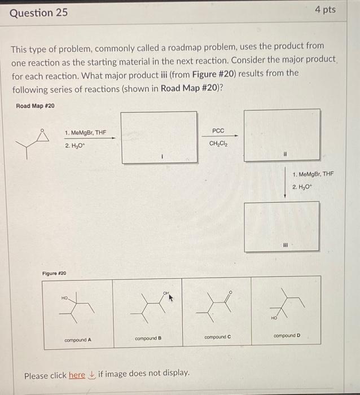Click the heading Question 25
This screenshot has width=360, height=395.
[x=39, y=11]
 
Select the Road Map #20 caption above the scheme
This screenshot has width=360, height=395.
[x=36, y=106]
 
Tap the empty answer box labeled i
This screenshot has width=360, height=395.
[x=160, y=137]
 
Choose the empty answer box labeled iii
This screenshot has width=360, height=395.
[x=282, y=225]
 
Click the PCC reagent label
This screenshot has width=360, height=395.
[x=218, y=131]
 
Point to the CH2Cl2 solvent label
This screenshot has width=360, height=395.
[x=218, y=143]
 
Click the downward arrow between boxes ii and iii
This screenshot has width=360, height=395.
[x=285, y=181]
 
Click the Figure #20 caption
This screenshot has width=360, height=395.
[x=54, y=273]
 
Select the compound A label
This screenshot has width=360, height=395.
[x=78, y=340]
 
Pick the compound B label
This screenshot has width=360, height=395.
[x=148, y=339]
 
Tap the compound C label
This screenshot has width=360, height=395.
[x=217, y=337]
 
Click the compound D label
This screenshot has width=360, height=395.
[x=287, y=335]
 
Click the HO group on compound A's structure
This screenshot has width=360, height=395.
[x=64, y=298]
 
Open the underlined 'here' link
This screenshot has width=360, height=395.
[x=77, y=375]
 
